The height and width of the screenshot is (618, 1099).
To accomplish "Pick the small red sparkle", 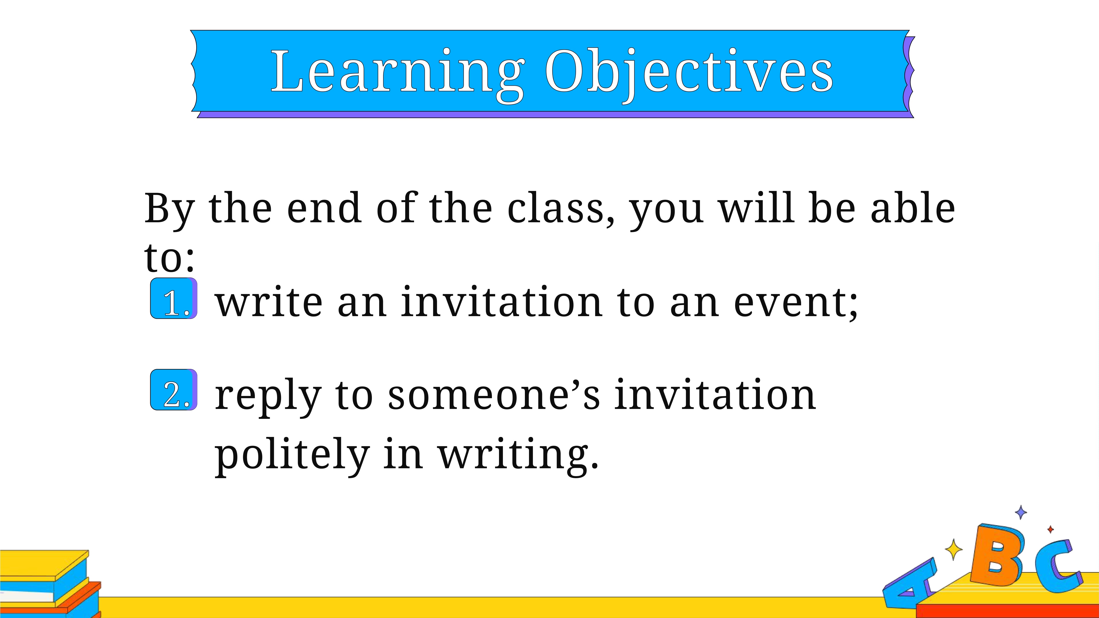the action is coord(1050,529).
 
